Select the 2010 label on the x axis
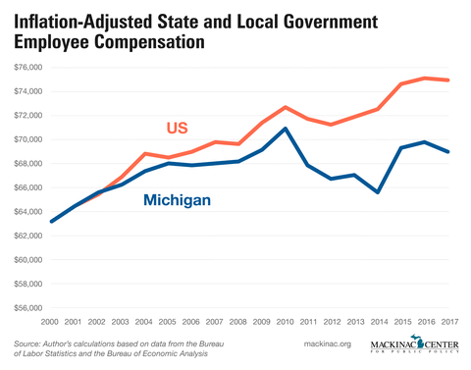(286, 323)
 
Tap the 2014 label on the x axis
(379, 323)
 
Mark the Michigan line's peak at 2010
(286, 129)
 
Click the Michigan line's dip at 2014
(379, 192)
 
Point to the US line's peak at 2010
(286, 107)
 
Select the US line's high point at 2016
(425, 78)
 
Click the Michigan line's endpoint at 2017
(448, 151)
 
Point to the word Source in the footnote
(30, 343)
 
